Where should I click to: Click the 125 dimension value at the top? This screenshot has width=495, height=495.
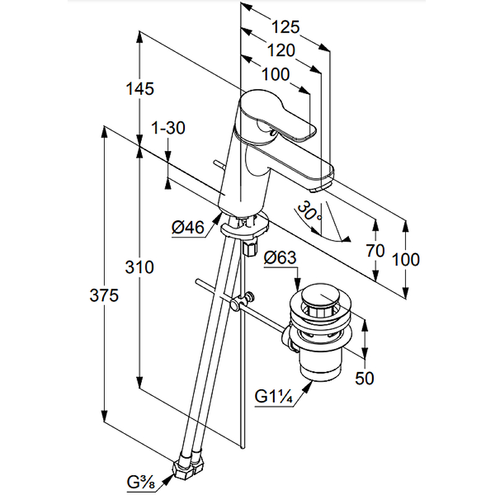286,27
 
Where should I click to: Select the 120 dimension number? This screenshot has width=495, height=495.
282,51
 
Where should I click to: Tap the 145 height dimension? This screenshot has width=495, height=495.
139,88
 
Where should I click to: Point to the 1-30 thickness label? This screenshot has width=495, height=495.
168,128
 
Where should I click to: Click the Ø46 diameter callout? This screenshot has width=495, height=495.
187,228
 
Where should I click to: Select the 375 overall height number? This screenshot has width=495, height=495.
103,296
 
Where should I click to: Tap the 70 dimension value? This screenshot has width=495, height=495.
376,251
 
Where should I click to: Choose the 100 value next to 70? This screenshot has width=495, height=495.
406,259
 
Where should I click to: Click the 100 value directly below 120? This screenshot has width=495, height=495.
275,75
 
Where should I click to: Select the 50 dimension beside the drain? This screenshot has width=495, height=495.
365,377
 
